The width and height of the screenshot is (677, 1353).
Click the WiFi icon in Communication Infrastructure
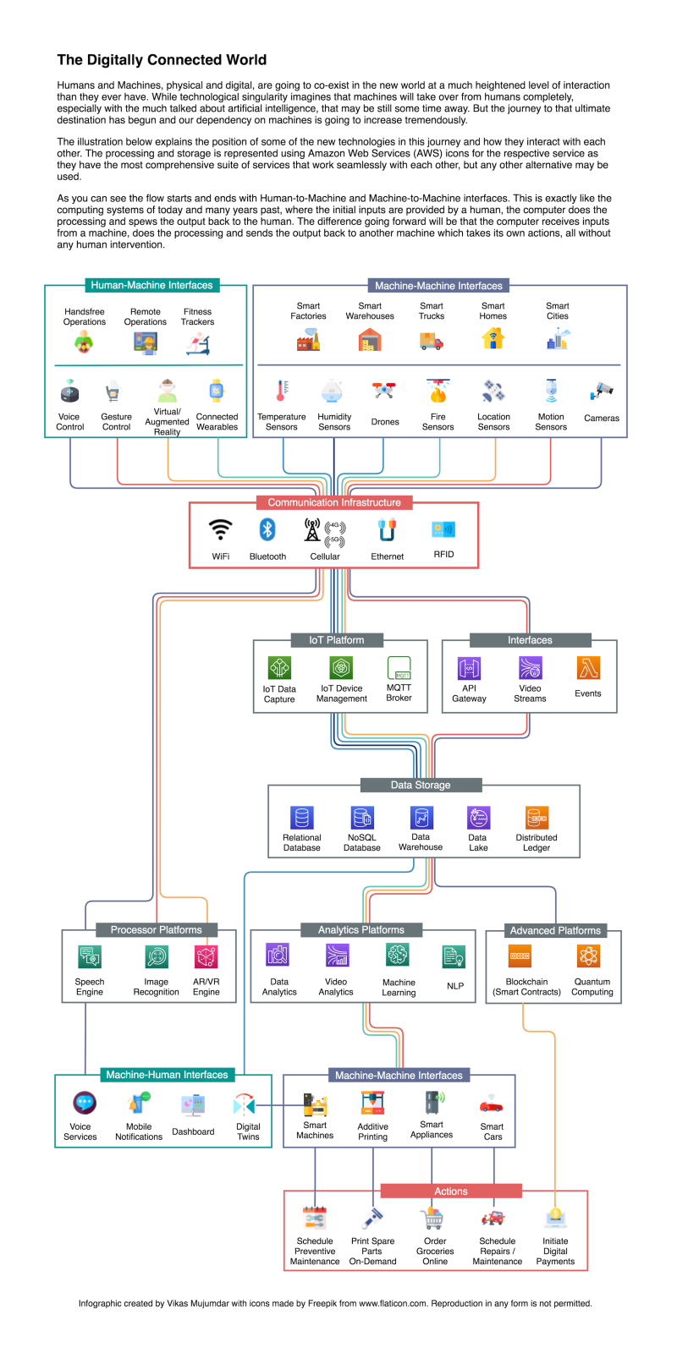[x=221, y=529]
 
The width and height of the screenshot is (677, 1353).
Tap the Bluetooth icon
[x=267, y=529]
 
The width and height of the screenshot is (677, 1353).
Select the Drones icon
[x=384, y=391]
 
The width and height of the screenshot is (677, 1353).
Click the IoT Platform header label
[x=336, y=640]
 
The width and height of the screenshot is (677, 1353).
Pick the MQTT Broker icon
[x=399, y=667]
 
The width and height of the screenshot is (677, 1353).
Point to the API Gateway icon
[x=469, y=668]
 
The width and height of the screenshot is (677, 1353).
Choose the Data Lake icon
[x=478, y=817]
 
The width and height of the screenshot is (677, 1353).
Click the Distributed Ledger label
[x=537, y=842]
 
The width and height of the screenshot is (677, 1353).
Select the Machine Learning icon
[x=398, y=956]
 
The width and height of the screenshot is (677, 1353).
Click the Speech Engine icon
[x=89, y=956]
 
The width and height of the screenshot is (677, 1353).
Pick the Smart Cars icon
[x=492, y=1104]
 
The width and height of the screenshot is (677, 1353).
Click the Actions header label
[x=450, y=1191]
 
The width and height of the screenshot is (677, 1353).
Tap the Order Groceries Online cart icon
[x=432, y=1218]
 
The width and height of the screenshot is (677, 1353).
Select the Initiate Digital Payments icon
[x=555, y=1218]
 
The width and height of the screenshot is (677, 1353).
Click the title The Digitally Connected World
[x=162, y=60]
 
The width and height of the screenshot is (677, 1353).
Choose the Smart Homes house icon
[x=493, y=338]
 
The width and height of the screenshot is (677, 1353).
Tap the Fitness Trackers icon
[x=198, y=342]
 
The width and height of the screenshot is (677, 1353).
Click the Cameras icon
[x=602, y=391]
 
